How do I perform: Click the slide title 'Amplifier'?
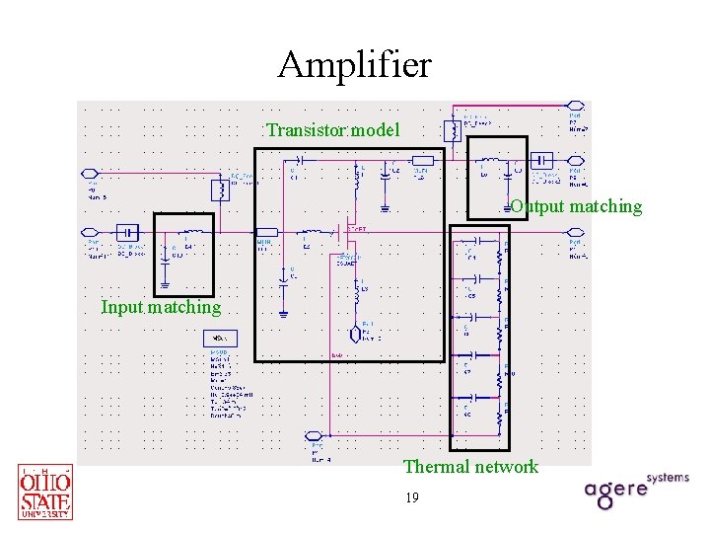pyautogui.click(x=354, y=65)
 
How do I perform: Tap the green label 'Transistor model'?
pyautogui.click(x=332, y=130)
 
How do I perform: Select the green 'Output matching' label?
pyautogui.click(x=576, y=206)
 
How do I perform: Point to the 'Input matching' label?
pyautogui.click(x=161, y=307)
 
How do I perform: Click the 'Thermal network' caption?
pyautogui.click(x=470, y=467)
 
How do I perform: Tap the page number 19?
pyautogui.click(x=411, y=498)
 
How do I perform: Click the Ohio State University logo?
pyautogui.click(x=45, y=492)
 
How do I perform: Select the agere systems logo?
pyautogui.click(x=636, y=490)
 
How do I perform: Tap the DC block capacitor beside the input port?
pyautogui.click(x=127, y=232)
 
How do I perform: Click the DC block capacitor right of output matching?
pyautogui.click(x=541, y=160)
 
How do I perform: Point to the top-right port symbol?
pyautogui.click(x=578, y=106)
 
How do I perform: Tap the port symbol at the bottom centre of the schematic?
pyautogui.click(x=315, y=436)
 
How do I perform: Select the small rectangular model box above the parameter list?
pyautogui.click(x=219, y=339)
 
